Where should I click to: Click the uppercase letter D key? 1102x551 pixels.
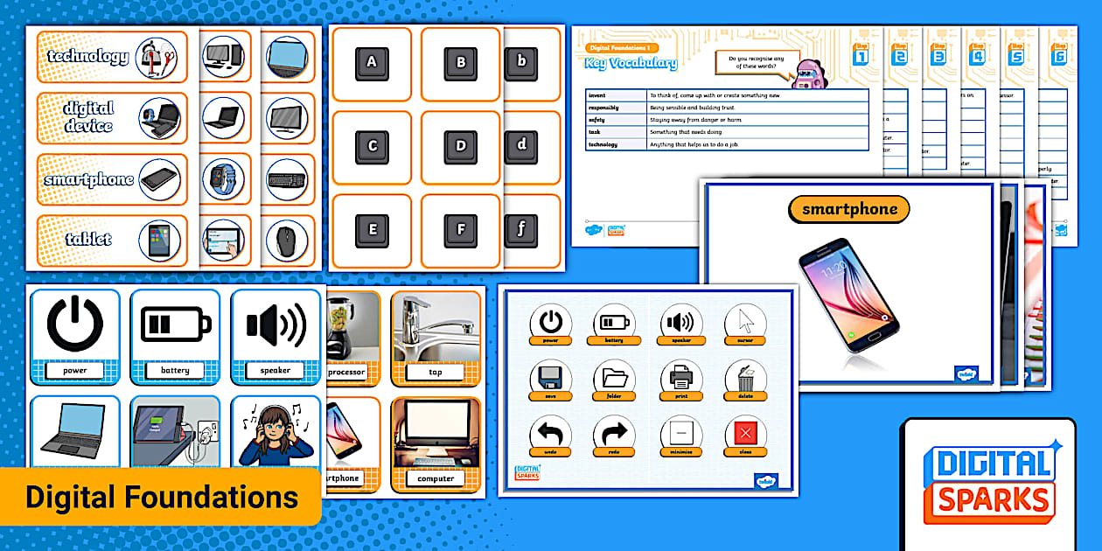461,146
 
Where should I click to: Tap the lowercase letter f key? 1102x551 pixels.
521,230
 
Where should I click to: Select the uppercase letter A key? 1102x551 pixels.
372,63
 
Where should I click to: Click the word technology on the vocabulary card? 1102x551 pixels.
87,57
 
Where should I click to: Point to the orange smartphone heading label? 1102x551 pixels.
848,210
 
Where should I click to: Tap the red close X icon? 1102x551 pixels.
745,432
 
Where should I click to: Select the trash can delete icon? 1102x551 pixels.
745,377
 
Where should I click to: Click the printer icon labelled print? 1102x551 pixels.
680,378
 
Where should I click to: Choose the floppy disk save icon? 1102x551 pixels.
550,378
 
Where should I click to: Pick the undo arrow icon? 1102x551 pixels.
550,432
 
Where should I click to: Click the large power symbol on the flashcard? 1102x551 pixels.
74,323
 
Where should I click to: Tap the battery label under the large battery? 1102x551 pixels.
175,370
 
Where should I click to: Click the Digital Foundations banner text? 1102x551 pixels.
161,498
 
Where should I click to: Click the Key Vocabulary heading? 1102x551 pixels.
631,63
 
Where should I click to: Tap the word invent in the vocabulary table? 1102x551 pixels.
597,94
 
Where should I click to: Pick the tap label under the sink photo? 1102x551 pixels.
435,372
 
